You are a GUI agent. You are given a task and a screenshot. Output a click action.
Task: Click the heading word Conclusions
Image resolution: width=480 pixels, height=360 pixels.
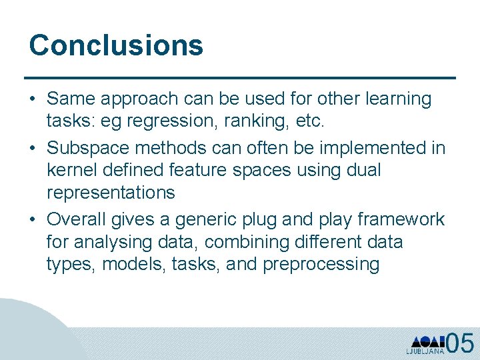click(116, 45)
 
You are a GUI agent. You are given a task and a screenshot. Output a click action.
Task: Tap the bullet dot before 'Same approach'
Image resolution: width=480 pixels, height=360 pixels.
click(33, 99)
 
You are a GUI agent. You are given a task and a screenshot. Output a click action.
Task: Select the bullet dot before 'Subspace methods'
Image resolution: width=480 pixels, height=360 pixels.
click(33, 147)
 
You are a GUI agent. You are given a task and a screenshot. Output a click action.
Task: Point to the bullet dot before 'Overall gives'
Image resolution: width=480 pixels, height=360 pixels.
click(33, 219)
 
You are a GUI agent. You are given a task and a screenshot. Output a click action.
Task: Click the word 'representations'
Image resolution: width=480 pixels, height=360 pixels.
click(111, 193)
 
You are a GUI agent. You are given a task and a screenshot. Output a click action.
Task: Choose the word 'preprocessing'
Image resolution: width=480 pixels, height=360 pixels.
click(321, 265)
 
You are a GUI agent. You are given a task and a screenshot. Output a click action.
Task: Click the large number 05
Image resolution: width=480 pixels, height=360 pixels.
click(460, 343)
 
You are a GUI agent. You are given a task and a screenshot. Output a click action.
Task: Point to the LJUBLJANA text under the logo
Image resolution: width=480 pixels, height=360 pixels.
click(425, 351)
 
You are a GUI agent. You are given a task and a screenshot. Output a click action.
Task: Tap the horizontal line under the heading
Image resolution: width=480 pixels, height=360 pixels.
click(240, 78)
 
